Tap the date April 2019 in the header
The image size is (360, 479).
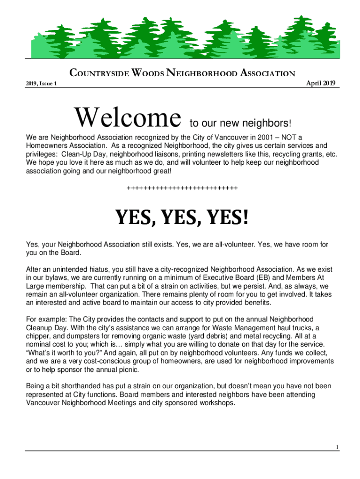(x=320, y=83)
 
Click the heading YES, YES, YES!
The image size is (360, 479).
(x=182, y=218)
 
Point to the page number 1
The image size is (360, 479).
(x=337, y=447)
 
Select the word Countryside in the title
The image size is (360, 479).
(x=99, y=73)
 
